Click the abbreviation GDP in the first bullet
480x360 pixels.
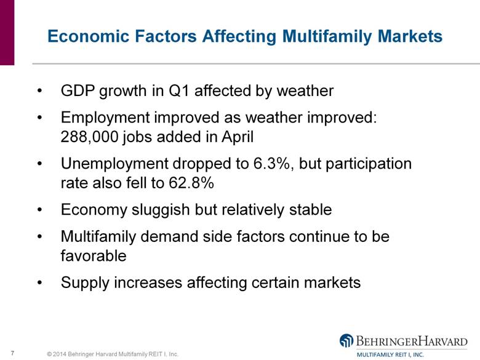tap(78, 90)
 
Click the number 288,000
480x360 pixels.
tap(89, 137)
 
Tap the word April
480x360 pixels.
tap(238, 137)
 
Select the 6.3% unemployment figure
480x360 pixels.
tap(272, 164)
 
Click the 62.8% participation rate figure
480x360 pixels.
tap(191, 183)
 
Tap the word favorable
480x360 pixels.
tap(94, 255)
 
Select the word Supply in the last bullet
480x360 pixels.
tap(85, 283)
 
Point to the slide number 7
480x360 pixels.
tap(12, 353)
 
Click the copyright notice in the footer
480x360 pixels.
tap(113, 354)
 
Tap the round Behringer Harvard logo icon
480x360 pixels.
tap(346, 340)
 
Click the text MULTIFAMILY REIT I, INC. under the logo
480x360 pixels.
tap(390, 355)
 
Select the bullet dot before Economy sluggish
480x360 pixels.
tap(39, 210)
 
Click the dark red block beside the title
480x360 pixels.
tap(7, 33)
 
